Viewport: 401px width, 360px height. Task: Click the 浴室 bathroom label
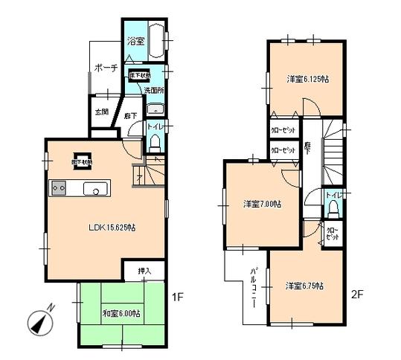click(x=136, y=42)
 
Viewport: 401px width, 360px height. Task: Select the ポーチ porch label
click(x=106, y=68)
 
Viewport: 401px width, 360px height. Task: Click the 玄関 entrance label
click(x=100, y=112)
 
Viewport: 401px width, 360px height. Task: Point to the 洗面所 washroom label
click(x=154, y=91)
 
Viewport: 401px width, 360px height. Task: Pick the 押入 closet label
click(x=147, y=272)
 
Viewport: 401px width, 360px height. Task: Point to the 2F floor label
click(x=358, y=294)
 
